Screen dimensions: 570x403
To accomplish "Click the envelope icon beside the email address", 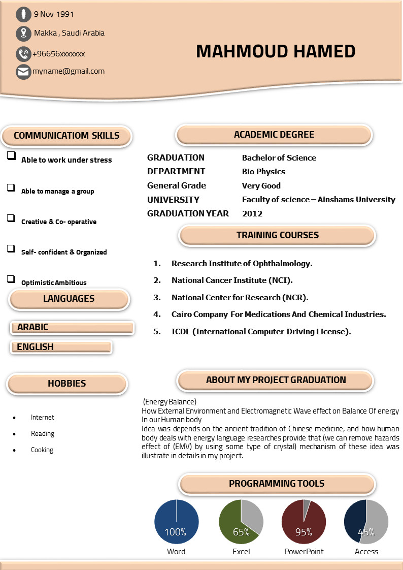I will [x=23, y=72].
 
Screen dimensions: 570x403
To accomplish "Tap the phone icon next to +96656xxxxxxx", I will [x=23, y=54].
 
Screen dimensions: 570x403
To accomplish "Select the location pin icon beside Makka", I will [x=23, y=34].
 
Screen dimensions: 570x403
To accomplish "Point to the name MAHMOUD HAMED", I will [x=276, y=51].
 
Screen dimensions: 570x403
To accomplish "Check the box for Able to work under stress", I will [x=11, y=156].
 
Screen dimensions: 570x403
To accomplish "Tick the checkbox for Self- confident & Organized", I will [x=11, y=248].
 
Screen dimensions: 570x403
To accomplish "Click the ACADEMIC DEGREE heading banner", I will [x=274, y=135].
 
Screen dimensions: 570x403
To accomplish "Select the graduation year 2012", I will [x=252, y=214].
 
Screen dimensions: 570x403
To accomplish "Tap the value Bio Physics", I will [x=263, y=172].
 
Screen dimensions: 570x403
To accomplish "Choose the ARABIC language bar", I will [x=72, y=328].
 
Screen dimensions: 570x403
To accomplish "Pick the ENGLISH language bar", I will [x=61, y=347].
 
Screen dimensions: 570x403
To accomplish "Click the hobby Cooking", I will [x=42, y=450].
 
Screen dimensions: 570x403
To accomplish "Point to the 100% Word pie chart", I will [x=176, y=522].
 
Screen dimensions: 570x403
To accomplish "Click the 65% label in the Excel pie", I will [x=241, y=532].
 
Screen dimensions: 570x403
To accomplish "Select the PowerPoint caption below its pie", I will [x=304, y=552].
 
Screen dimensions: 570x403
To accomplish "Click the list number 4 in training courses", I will [x=157, y=314].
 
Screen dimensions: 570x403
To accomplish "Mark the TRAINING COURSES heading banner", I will [x=277, y=235].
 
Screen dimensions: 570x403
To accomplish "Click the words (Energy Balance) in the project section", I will [x=170, y=402].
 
